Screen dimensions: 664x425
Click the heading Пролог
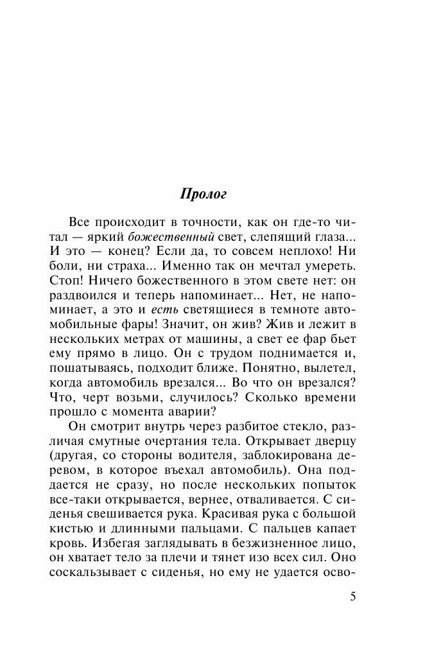[202, 193]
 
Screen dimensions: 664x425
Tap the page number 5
[352, 596]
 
